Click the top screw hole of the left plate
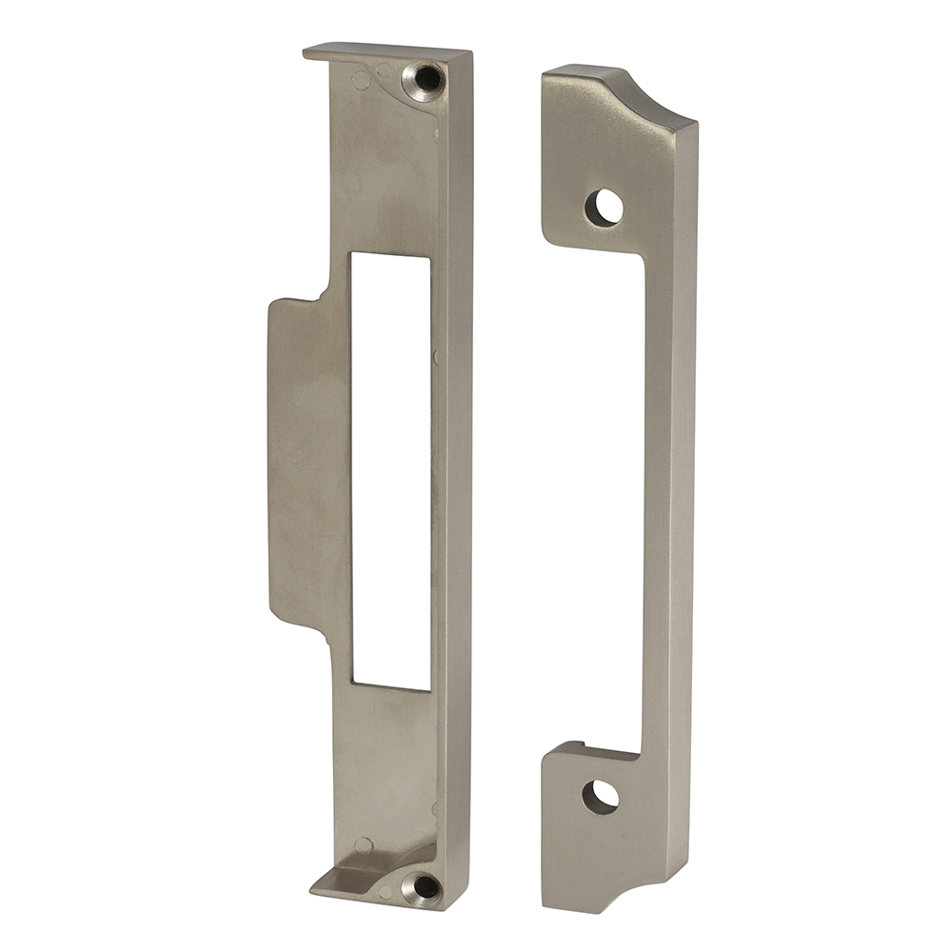coord(423,80)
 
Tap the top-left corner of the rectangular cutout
coord(354,255)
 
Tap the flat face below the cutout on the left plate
coord(381,762)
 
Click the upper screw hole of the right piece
coord(604,207)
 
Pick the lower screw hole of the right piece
coord(600,796)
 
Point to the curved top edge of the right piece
coord(657,100)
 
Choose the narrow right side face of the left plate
coord(458,476)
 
